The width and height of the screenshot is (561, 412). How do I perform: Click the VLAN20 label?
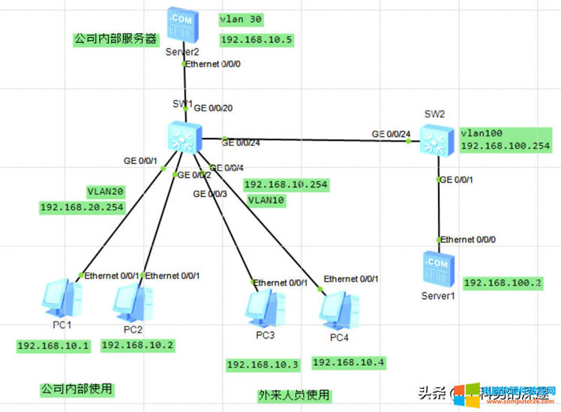[106, 191]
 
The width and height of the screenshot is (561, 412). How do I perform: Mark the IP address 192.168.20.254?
[82, 207]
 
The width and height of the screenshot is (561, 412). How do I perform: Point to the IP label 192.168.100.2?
[502, 282]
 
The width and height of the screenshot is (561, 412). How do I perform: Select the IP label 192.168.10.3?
[262, 365]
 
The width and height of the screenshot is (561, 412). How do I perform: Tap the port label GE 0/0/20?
[214, 108]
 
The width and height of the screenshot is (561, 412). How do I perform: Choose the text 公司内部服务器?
[115, 37]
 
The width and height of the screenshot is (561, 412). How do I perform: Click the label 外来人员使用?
[294, 395]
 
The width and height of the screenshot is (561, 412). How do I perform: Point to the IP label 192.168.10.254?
[286, 184]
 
